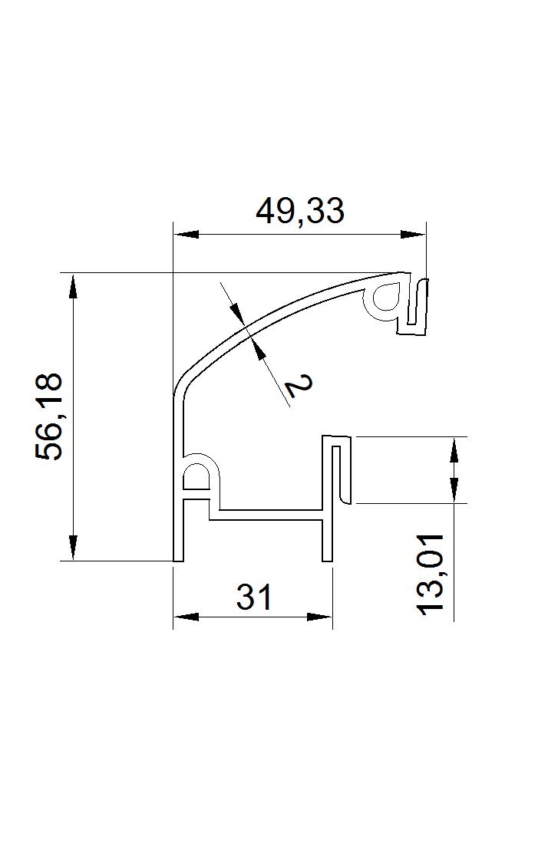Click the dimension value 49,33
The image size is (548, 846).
[299, 211]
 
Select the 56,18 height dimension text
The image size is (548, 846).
[48, 416]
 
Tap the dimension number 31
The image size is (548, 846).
[254, 597]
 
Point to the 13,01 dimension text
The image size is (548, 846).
[431, 573]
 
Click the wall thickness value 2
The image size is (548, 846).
[299, 384]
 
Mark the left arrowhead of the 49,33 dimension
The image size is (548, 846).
[186, 235]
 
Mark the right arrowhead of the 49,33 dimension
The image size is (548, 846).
[412, 235]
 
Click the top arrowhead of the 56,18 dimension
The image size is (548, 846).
[73, 286]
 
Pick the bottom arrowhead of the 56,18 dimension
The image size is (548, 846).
[73, 548]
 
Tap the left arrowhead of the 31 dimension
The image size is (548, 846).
[186, 616]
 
